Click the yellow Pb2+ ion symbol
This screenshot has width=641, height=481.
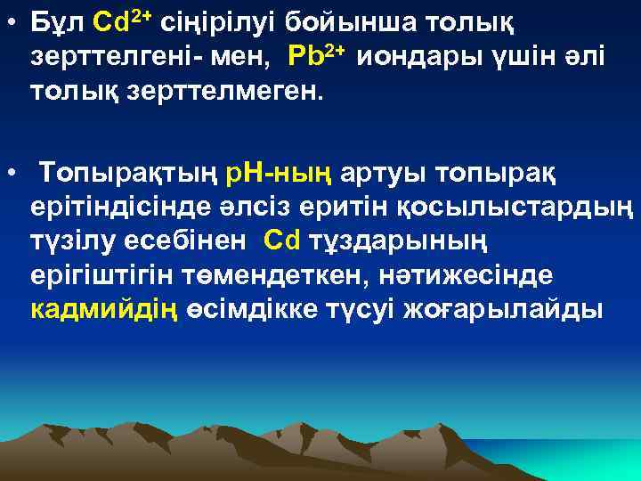coord(315,56)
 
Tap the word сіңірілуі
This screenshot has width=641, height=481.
coord(232,21)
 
